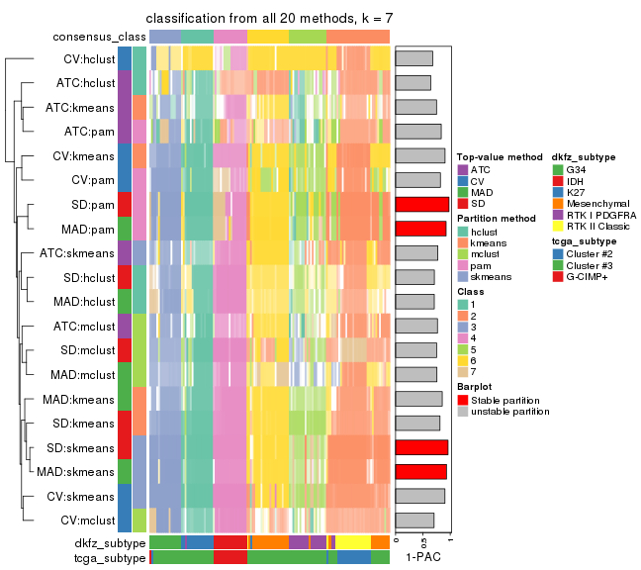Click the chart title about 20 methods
(x=269, y=19)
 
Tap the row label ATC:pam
(x=91, y=131)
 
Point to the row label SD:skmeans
(x=86, y=447)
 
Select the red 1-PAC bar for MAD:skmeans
(x=420, y=471)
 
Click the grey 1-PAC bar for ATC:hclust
(x=412, y=82)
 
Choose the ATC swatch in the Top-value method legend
(x=463, y=170)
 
